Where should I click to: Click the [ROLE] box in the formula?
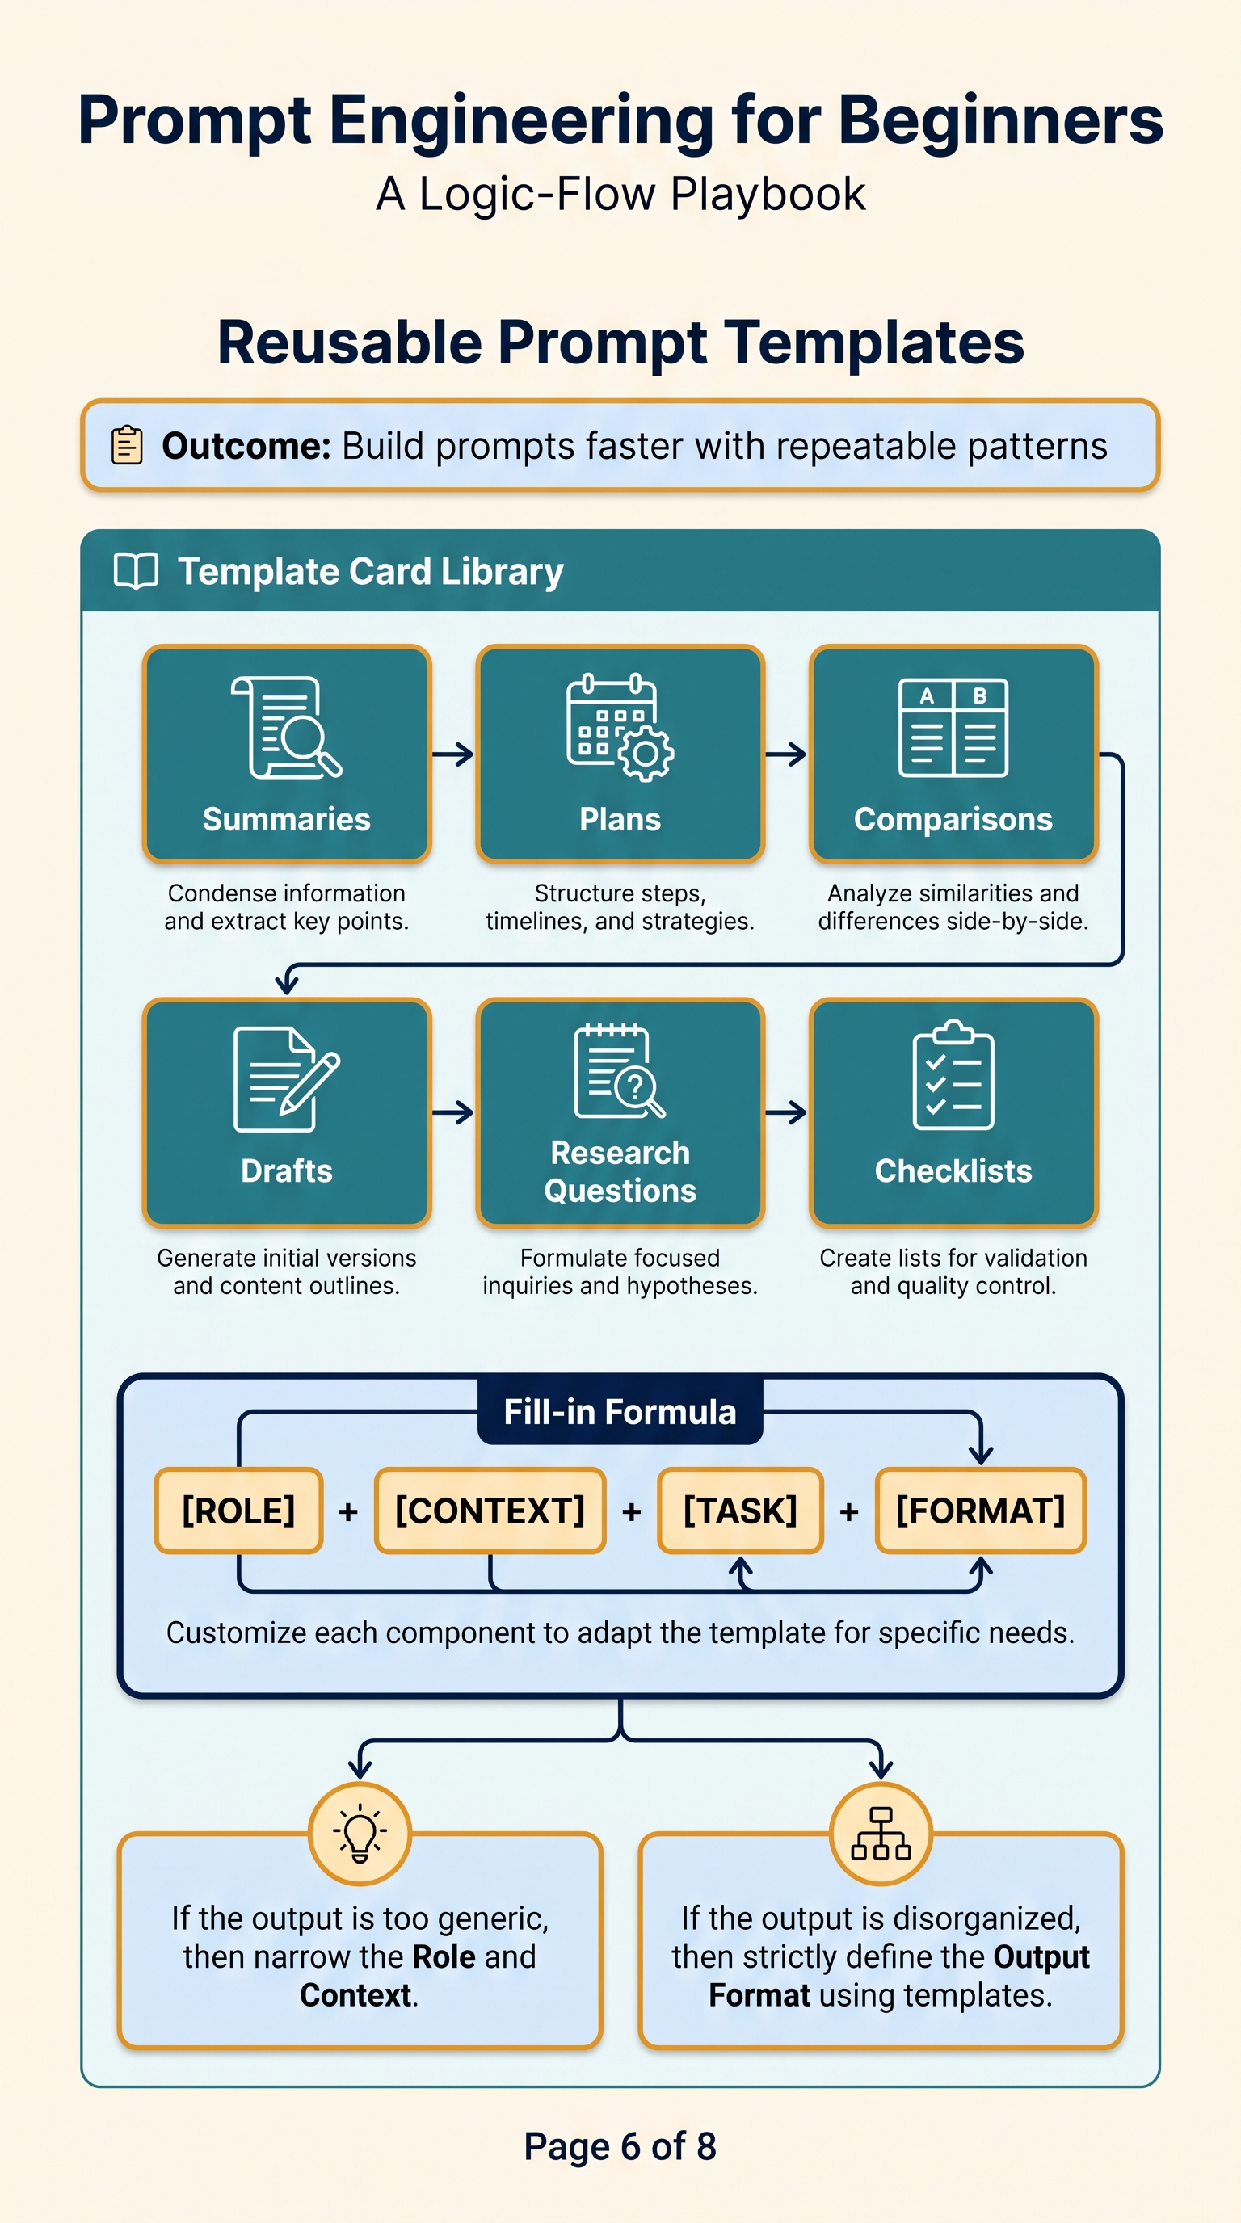[x=239, y=1511]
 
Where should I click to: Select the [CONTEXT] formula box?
[x=490, y=1511]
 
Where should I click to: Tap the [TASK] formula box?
[x=740, y=1511]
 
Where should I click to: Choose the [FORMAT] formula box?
[x=980, y=1511]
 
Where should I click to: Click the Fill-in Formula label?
[x=620, y=1412]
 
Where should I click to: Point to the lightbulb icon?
[x=360, y=1834]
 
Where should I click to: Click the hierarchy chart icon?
[x=881, y=1834]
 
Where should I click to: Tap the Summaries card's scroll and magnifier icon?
[x=287, y=728]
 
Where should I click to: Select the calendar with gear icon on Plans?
[x=620, y=728]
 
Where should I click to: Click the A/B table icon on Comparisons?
[x=953, y=728]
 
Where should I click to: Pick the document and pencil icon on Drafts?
[x=287, y=1078]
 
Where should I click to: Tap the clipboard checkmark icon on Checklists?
[x=953, y=1074]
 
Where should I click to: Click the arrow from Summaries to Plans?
[x=453, y=754]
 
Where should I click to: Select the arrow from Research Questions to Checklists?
[x=786, y=1112]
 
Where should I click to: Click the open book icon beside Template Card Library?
[x=137, y=571]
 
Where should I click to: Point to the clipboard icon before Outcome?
[x=127, y=445]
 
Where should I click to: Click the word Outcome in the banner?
[x=246, y=446]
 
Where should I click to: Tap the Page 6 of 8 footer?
[x=620, y=2146]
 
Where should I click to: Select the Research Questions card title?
[x=620, y=1172]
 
